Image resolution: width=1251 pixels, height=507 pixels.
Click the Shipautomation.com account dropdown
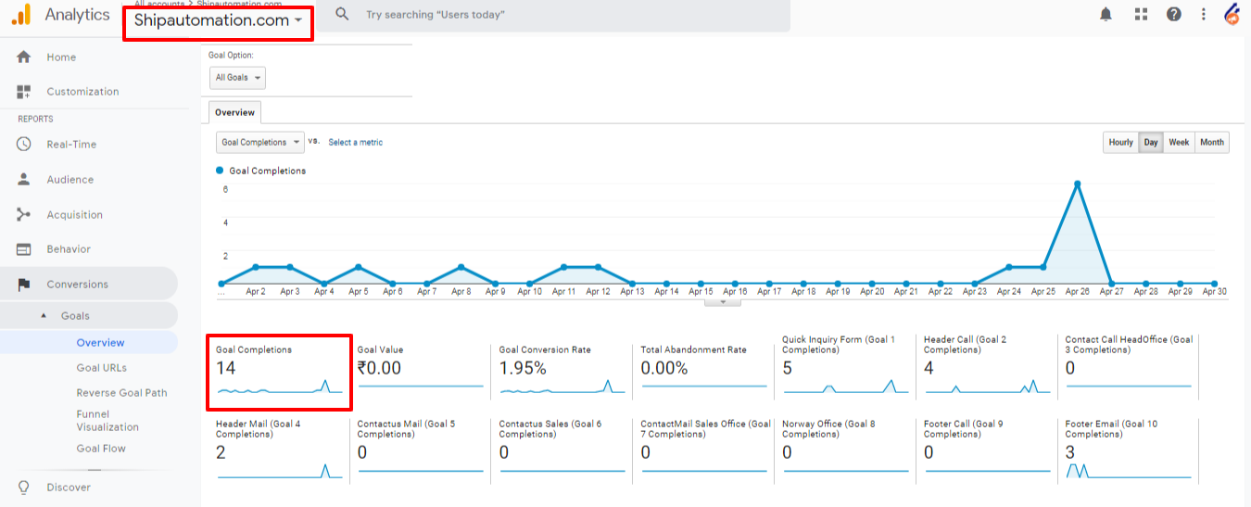tap(218, 20)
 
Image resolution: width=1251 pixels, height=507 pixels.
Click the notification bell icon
tap(1106, 14)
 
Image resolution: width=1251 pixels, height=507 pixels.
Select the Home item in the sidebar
tap(61, 57)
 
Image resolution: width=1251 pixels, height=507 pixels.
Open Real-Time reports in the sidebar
tap(71, 145)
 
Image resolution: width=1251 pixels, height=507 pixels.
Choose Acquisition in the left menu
tap(74, 215)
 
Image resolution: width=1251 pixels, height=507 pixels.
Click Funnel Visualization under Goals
tap(107, 421)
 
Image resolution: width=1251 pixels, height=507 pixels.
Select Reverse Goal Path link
tap(121, 393)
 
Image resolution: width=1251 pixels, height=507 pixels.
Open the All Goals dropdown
tap(238, 78)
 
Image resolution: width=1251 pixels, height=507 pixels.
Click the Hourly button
tap(1120, 143)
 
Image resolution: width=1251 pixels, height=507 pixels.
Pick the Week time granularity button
tap(1179, 143)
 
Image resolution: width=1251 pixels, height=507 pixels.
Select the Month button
tap(1211, 143)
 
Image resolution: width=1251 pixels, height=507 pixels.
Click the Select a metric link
tap(355, 143)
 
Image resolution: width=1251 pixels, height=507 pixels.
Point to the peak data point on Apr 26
tap(1077, 184)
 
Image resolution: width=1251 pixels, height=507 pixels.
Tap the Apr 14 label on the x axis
tap(666, 291)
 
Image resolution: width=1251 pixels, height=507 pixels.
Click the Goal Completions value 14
tap(225, 368)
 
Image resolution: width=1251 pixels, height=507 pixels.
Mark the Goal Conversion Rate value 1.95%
tap(523, 368)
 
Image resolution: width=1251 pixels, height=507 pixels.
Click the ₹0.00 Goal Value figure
tap(379, 368)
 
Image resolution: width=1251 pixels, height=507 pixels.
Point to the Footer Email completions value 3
tap(1069, 452)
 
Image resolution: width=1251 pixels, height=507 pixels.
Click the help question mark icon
tap(1173, 14)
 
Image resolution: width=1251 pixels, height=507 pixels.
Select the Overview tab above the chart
tap(234, 112)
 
